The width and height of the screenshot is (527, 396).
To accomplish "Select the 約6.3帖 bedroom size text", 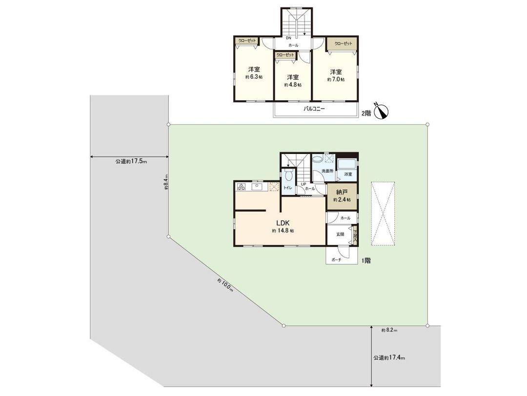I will pos(253,77).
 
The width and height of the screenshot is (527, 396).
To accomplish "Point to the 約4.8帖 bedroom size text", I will pos(293,85).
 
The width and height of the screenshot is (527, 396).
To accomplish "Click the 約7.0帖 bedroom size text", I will pos(336,79).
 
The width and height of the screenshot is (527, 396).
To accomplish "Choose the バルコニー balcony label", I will pos(314,110).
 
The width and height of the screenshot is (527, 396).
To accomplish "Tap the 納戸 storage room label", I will pos(342,193).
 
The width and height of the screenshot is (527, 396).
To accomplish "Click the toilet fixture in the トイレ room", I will pos(288,175).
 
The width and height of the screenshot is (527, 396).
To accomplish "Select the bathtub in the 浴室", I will pos(347,164).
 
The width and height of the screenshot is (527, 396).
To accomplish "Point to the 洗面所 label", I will pos(327,172).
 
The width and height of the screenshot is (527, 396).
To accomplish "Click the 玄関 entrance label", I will pos(340,234).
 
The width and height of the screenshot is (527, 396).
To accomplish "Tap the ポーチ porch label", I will pos(336,260).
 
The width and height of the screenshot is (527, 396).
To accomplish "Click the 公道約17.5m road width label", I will pos(131,161).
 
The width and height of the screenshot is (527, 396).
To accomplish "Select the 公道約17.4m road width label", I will pos(389,358).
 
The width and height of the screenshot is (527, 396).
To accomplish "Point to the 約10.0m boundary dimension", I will pos(225,285).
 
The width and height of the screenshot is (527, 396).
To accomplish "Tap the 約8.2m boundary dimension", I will pos(389,330).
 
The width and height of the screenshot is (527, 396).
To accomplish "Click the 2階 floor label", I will pos(366,113).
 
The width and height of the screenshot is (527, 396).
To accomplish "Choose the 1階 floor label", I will pos(366,261).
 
